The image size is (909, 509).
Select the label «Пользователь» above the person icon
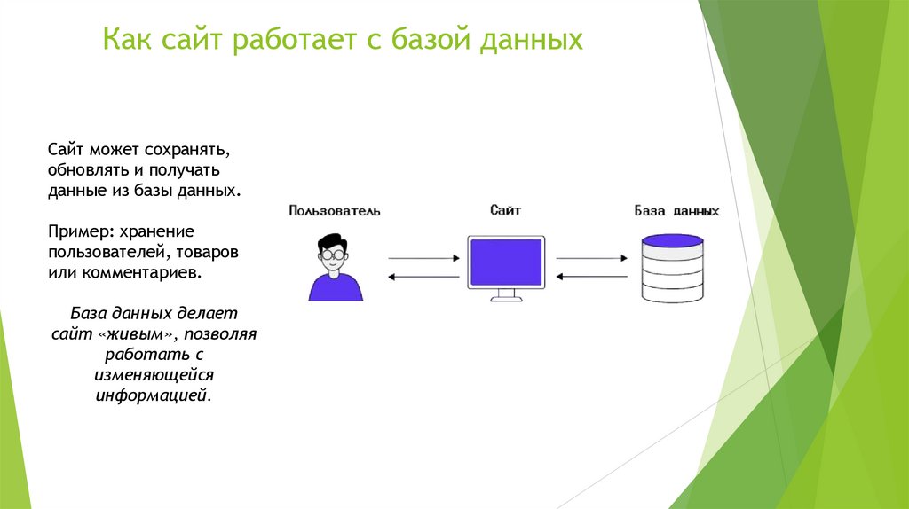(x=335, y=211)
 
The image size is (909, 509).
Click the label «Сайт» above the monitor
(x=505, y=210)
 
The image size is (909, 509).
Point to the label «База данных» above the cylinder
(x=676, y=212)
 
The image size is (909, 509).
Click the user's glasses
(x=333, y=254)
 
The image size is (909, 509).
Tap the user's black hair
(x=333, y=240)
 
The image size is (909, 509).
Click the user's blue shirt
(x=336, y=286)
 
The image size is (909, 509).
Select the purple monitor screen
(x=505, y=262)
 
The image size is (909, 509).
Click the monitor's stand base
(x=506, y=299)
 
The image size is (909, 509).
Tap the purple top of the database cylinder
(x=672, y=241)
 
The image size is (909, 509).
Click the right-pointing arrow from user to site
(x=423, y=259)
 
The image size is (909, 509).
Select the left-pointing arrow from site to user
(x=423, y=277)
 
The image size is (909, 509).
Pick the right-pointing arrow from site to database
(x=591, y=259)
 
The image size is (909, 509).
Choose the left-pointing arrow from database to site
(x=591, y=277)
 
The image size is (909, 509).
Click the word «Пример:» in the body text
(x=80, y=232)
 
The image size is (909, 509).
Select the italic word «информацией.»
(x=154, y=394)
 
